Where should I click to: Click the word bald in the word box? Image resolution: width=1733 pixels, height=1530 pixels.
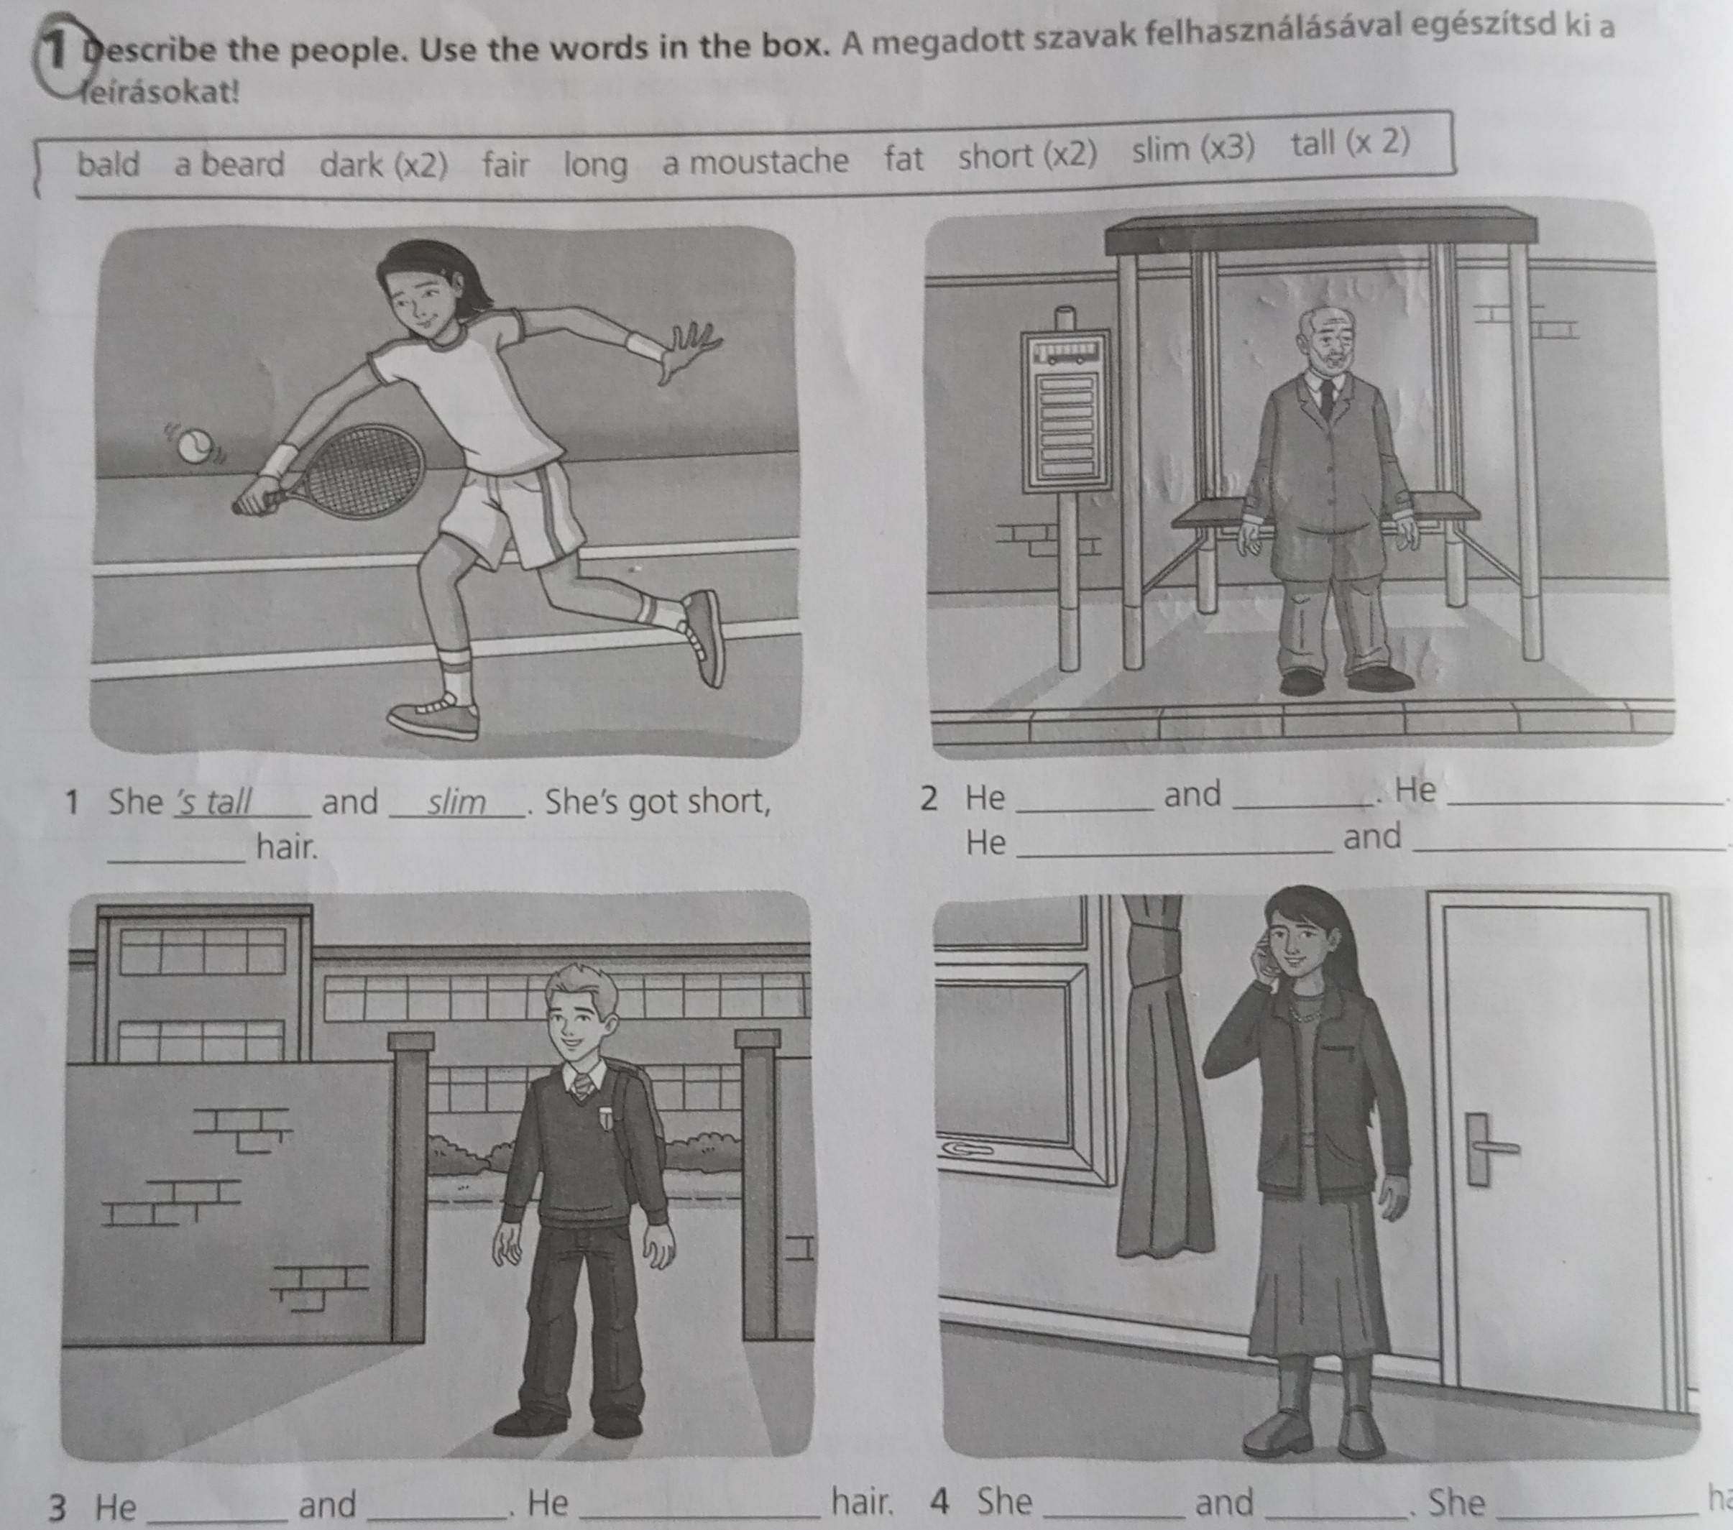point(109,165)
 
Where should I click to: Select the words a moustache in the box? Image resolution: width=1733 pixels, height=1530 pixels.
point(755,161)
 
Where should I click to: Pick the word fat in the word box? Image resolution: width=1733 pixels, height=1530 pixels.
point(904,159)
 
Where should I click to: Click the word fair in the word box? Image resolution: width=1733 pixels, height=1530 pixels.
point(505,164)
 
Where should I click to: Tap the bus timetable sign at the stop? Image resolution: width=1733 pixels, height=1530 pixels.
point(1067,411)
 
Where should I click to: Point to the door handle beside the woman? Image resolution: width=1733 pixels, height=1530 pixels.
point(1489,1148)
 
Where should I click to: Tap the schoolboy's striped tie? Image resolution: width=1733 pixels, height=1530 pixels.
point(581,1086)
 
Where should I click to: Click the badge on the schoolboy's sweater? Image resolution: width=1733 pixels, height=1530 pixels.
point(606,1118)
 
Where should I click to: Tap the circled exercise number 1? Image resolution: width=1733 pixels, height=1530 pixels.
point(58,52)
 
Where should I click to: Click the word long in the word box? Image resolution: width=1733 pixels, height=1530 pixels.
point(596,165)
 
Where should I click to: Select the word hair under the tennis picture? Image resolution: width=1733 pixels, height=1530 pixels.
point(288,846)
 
